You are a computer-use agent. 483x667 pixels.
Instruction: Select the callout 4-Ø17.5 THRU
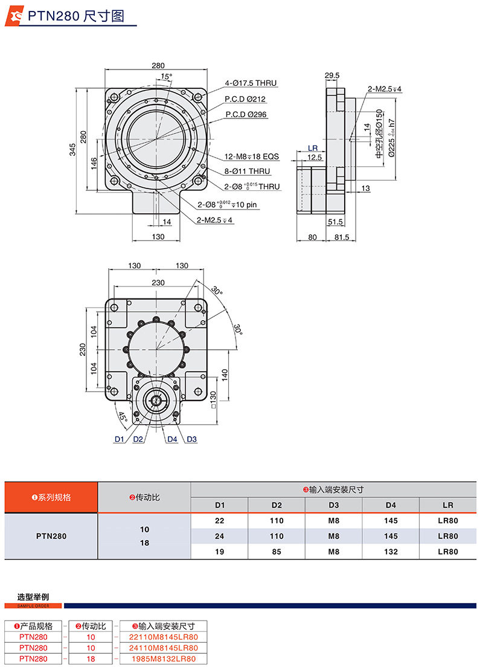pos(251,83)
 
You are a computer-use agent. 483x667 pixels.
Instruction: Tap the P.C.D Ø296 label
pos(246,114)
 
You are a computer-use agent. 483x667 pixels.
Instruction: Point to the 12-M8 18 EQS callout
pos(252,156)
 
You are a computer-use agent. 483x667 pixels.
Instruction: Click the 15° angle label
pos(167,77)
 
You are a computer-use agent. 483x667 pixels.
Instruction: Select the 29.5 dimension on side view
pos(332,76)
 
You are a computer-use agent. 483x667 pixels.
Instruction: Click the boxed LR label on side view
pos(313,148)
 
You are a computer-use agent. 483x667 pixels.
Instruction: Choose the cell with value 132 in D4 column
pos(390,551)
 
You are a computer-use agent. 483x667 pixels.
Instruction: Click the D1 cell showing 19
pos(220,551)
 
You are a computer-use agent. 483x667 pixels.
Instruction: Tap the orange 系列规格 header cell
pos(51,497)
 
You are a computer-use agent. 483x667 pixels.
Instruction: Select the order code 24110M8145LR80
pos(164,648)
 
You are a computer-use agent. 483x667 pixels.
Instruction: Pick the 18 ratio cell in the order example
pos(91,658)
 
